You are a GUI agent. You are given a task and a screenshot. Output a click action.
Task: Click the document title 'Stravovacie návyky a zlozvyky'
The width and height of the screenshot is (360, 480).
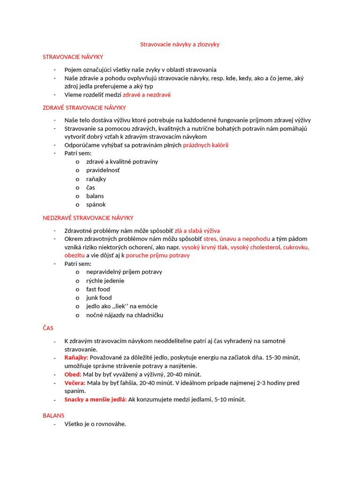[180, 44]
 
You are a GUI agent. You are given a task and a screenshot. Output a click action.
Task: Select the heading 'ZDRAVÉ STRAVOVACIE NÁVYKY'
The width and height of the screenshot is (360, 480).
[84, 107]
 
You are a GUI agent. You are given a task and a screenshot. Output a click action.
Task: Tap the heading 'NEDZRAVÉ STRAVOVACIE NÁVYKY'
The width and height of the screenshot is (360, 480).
[88, 217]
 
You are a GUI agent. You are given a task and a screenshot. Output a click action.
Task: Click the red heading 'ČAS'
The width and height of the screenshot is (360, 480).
[48, 328]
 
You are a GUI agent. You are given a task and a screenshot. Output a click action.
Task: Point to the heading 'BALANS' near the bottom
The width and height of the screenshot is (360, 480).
[53, 415]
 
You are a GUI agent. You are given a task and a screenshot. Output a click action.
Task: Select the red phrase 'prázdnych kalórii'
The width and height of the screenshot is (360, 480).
[205, 145]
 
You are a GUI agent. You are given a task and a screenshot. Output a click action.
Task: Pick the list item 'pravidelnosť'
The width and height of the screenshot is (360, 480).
[103, 170]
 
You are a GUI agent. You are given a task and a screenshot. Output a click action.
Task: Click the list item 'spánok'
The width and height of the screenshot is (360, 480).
[96, 204]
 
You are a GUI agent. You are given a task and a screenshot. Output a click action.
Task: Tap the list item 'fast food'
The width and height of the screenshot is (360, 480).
[98, 289]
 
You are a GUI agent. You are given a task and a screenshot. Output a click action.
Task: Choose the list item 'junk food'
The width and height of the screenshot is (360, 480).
[99, 298]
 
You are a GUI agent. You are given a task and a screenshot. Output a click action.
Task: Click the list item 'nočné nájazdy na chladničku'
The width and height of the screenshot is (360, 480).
[125, 315]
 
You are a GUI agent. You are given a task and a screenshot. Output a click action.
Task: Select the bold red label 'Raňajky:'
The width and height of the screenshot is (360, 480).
[76, 357]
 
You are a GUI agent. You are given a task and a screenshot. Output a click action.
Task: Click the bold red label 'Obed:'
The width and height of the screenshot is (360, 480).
[73, 374]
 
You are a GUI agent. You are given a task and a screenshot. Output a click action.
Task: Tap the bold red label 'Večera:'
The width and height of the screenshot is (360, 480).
[75, 382]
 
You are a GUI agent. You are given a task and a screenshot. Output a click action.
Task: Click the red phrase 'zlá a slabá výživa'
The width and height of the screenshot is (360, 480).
[197, 231]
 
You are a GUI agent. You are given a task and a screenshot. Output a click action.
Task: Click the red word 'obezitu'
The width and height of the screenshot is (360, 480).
[75, 255]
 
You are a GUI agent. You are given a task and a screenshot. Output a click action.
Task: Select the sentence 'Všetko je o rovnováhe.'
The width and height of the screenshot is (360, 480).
[95, 424]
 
